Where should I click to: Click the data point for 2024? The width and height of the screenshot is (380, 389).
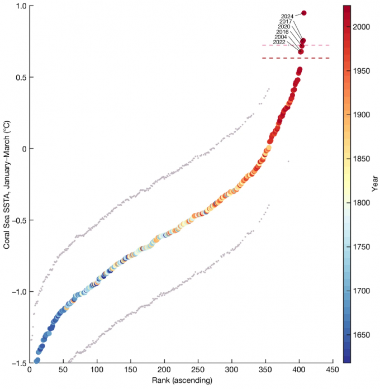point(304,13)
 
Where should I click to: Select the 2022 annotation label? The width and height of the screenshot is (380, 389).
point(279,42)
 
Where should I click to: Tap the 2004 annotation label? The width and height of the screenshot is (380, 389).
point(281,37)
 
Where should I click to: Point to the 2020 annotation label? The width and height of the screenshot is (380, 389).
point(284,26)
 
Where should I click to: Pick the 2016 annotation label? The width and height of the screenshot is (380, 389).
point(282,32)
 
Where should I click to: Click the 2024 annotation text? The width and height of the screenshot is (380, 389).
point(287,16)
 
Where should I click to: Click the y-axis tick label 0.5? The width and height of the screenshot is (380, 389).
point(20,77)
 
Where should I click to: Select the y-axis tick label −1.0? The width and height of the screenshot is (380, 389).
point(18,292)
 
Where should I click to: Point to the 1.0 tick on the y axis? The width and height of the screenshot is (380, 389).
point(20,6)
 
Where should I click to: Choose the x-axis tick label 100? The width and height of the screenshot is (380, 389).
point(97,371)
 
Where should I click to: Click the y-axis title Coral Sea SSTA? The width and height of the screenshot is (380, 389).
point(6,184)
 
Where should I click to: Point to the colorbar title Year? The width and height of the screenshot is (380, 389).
point(376,184)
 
